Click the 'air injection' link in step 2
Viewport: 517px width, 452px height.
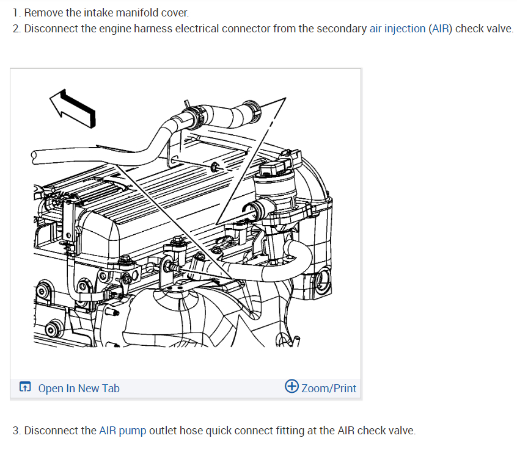point(397,29)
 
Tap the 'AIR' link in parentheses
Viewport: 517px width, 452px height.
point(440,29)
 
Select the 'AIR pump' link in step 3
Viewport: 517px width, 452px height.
point(122,431)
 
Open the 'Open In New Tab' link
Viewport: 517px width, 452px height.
point(79,389)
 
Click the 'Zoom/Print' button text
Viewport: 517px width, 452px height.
point(328,389)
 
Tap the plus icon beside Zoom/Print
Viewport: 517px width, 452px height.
point(292,387)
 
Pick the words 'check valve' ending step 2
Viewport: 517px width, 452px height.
point(484,29)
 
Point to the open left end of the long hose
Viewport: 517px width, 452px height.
point(35,156)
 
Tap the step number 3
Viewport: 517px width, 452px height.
point(16,431)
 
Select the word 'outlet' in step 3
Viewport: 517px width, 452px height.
point(163,431)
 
